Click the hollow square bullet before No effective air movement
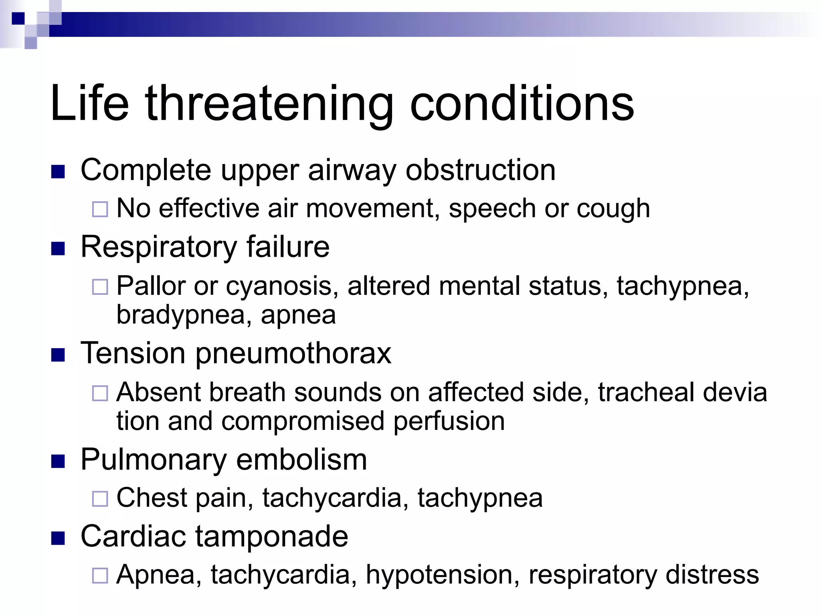100,209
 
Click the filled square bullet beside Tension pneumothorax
58,355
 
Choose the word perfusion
449,421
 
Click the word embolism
301,460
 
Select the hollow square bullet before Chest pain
100,499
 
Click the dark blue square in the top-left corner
18,18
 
